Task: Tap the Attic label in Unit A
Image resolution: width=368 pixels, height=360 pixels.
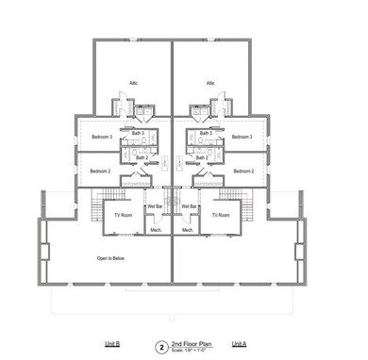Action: click(211, 83)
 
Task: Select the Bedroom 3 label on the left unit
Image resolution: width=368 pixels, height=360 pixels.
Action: click(102, 138)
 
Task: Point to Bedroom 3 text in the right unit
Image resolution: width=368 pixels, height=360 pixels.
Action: click(243, 138)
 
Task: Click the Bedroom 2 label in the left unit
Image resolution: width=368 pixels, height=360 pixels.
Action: click(101, 172)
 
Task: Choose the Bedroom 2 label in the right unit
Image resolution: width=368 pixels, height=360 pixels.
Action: click(243, 172)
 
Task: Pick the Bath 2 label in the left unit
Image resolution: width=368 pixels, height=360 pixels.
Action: click(142, 157)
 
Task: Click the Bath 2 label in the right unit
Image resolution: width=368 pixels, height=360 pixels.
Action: click(201, 157)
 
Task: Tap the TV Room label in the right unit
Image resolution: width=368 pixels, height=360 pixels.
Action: click(221, 216)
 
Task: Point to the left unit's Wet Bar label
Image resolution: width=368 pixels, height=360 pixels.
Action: click(155, 206)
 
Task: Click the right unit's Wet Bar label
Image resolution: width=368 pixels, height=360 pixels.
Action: click(189, 206)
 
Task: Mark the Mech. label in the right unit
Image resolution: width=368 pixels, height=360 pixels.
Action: click(187, 229)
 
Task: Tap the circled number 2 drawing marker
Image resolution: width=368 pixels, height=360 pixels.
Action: click(161, 347)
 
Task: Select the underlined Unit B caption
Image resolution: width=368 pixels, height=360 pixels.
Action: click(111, 345)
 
